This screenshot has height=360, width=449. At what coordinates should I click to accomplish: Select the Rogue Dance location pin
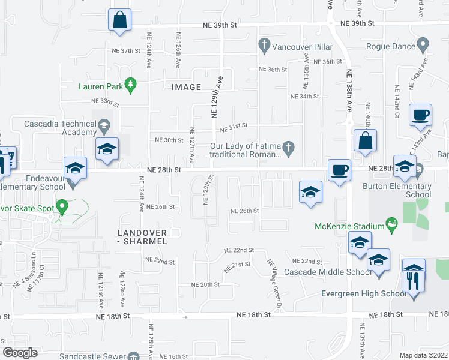pyautogui.click(x=423, y=44)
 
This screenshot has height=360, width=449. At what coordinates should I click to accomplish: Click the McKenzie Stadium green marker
pyautogui.click(x=393, y=226)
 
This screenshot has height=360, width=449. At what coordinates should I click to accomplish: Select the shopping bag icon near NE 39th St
pyautogui.click(x=119, y=20)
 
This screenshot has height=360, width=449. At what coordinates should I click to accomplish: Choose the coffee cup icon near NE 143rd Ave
pyautogui.click(x=421, y=114)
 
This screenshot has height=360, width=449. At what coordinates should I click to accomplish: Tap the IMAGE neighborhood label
pyautogui.click(x=186, y=87)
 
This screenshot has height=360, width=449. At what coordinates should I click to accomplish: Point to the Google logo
pyautogui.click(x=20, y=353)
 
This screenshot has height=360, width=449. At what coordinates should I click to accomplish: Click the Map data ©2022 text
pyautogui.click(x=424, y=355)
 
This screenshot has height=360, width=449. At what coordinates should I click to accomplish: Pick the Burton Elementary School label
pyautogui.click(x=397, y=190)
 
